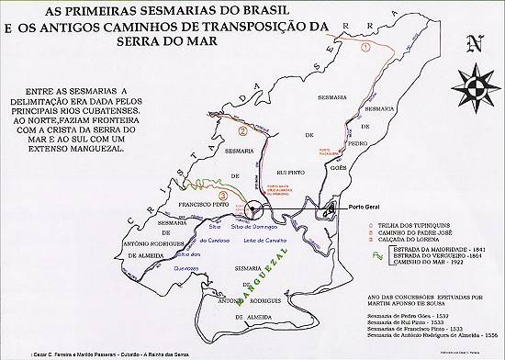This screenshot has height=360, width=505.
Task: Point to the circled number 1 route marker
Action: pyautogui.click(x=365, y=46)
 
